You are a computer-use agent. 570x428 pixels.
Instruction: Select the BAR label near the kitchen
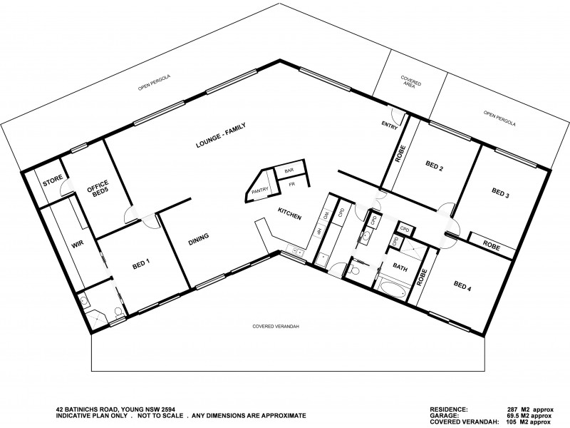[x=289, y=171]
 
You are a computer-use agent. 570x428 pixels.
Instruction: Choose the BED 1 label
[x=142, y=264]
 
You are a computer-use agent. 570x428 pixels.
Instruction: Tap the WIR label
[x=78, y=244]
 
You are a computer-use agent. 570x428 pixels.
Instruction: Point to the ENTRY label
[x=390, y=126]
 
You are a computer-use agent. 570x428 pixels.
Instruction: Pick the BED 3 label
[x=502, y=193]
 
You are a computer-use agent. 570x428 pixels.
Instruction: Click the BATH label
[x=399, y=267]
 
